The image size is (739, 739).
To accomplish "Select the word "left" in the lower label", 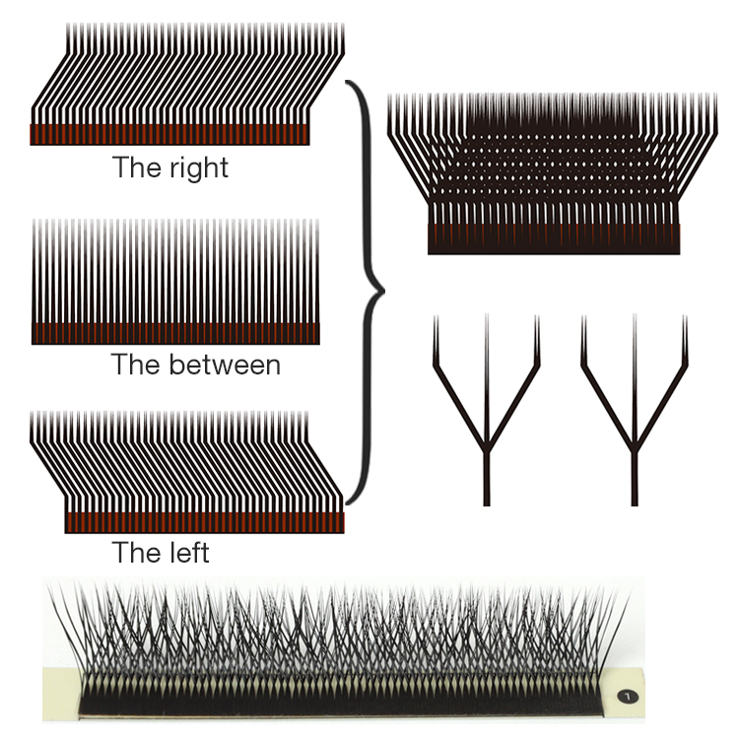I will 186,552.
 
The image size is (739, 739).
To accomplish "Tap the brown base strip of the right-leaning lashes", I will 170,135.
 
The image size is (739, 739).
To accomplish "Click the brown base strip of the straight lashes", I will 176,332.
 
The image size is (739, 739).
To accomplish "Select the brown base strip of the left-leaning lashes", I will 204,522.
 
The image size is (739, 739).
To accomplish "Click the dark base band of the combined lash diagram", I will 554,238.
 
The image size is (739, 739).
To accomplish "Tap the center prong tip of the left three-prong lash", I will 486,321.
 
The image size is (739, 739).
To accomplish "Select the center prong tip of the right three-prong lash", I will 634,321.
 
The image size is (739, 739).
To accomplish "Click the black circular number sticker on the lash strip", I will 630,696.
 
